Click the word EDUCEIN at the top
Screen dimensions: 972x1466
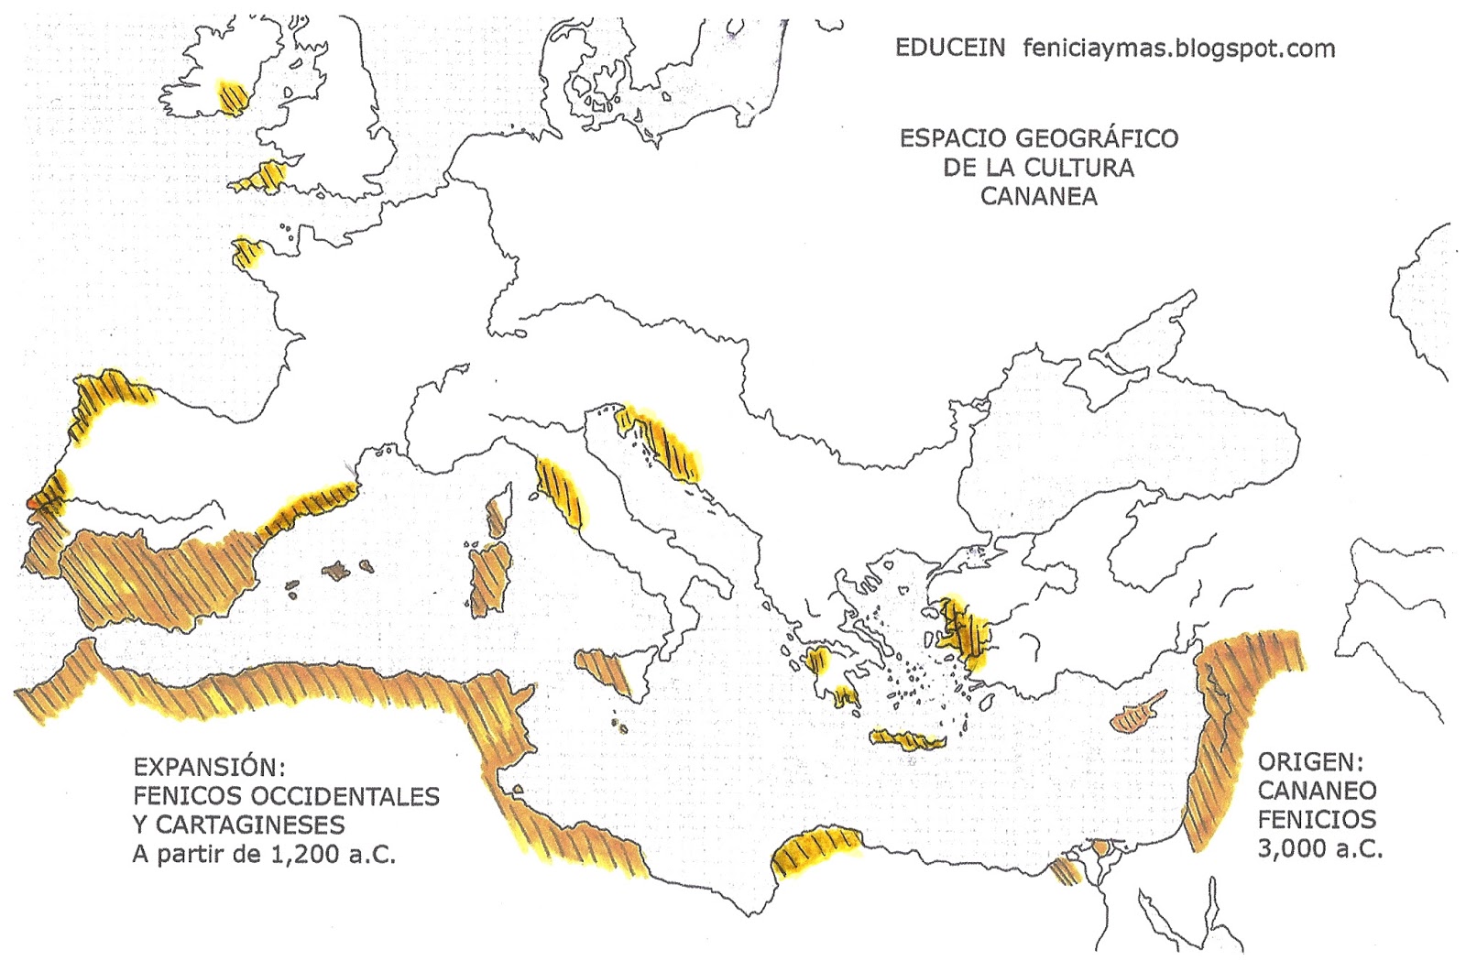tap(949, 48)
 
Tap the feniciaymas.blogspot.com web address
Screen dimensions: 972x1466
tap(1178, 48)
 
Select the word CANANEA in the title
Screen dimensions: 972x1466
tap(1038, 196)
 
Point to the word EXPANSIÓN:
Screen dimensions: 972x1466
tap(203, 767)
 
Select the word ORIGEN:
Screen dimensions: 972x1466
tap(1310, 762)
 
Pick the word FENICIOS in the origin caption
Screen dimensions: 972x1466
tap(1316, 819)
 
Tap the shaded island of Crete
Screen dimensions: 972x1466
tap(907, 739)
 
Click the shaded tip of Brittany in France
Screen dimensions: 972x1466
tap(246, 253)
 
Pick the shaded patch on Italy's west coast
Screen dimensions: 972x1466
tap(558, 490)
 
